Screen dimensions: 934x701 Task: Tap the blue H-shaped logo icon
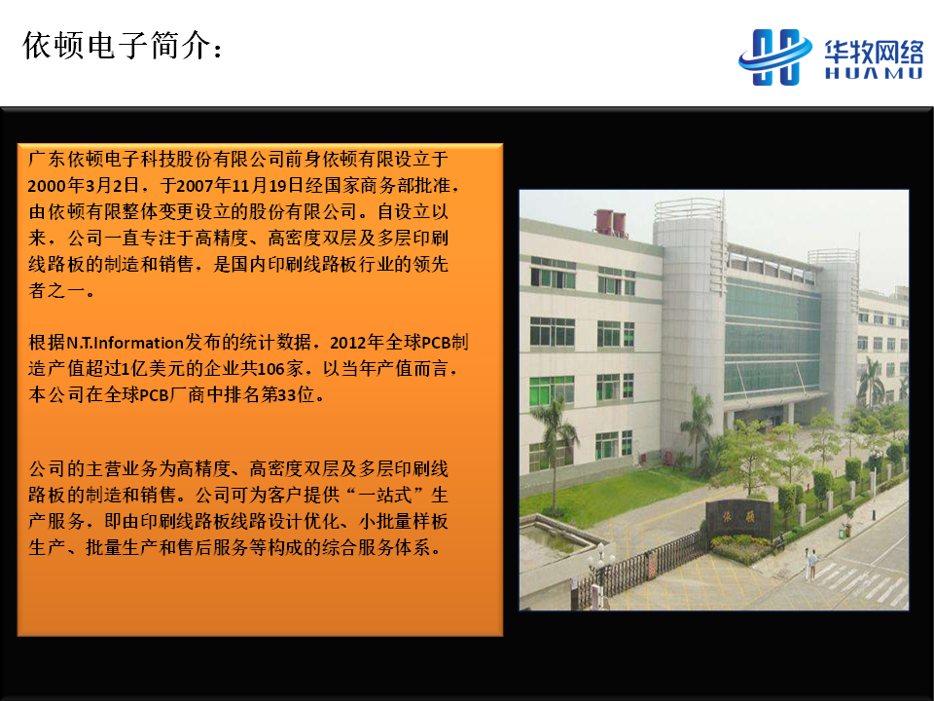[x=775, y=56]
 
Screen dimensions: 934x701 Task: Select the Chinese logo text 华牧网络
[x=874, y=52]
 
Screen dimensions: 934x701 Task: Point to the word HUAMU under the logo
[x=874, y=73]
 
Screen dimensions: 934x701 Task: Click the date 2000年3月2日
[x=84, y=185]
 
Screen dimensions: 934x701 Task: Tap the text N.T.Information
[x=125, y=343]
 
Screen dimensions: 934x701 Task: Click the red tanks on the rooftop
[x=611, y=222]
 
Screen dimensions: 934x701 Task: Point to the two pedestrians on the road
[x=810, y=564]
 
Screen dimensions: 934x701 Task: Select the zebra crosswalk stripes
[x=861, y=581]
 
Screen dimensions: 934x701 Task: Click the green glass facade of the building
[x=772, y=337]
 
